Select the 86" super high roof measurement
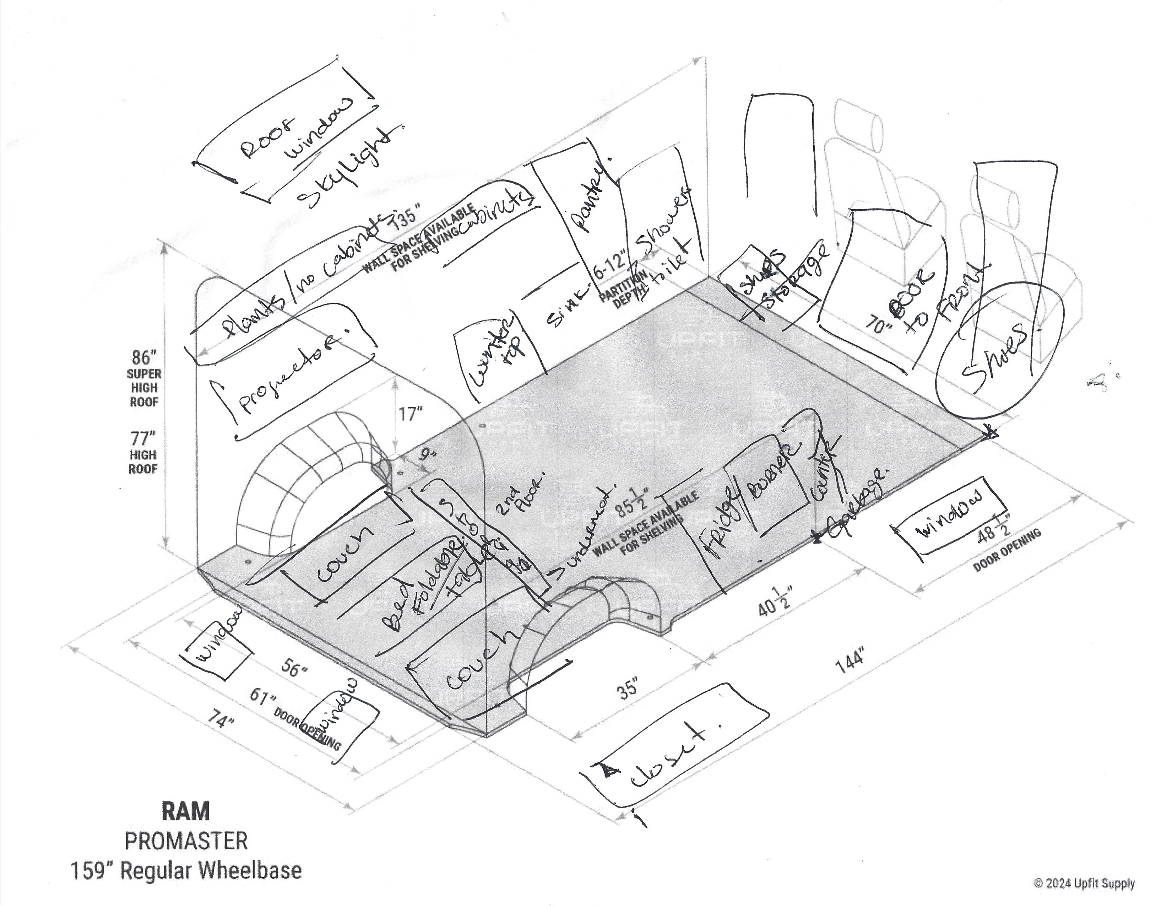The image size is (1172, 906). pyautogui.click(x=144, y=357)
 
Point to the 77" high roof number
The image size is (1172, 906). pyautogui.click(x=143, y=439)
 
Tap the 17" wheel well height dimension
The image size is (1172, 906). pyautogui.click(x=411, y=414)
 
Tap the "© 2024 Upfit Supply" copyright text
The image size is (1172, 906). pyautogui.click(x=1084, y=883)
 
